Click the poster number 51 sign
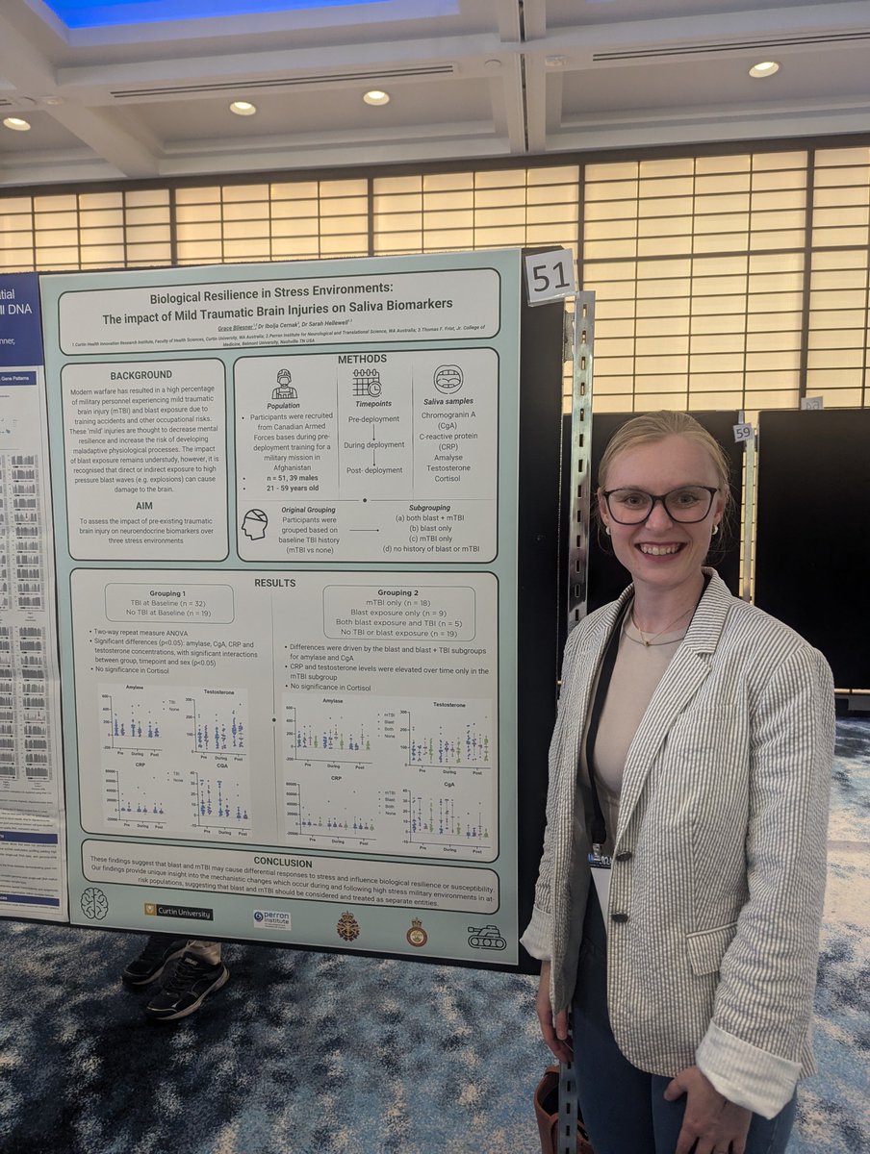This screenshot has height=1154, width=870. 550,276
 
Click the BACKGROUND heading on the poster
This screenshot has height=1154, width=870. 141,374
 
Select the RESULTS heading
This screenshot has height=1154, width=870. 274,583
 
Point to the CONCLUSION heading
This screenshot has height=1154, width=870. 282,862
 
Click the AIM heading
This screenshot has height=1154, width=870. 141,504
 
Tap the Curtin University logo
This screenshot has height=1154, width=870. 178,912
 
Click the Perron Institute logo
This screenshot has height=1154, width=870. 271,919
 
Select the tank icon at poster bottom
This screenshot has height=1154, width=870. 486,938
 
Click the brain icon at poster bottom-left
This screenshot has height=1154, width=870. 93,903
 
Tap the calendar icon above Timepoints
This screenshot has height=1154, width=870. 366,383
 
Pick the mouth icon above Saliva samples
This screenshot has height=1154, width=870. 448,379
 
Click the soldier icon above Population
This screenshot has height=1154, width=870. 284,384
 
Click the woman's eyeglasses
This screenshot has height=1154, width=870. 660,505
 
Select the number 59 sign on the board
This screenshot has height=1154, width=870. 742,433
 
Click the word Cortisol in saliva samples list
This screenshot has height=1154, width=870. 447,478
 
